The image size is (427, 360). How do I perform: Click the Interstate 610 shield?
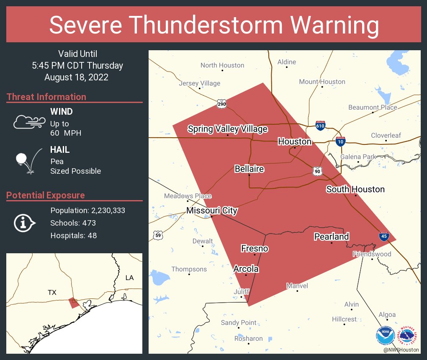click(x=320, y=125)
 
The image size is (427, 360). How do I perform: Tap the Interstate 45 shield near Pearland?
click(x=384, y=236)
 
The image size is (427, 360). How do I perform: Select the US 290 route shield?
click(x=222, y=104)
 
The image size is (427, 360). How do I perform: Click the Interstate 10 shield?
click(x=340, y=141)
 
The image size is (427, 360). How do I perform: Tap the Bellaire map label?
click(x=249, y=169)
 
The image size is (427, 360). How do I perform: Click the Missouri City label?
click(x=211, y=211)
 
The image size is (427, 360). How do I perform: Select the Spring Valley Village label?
click(x=227, y=129)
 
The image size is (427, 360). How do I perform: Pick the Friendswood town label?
click(x=372, y=254)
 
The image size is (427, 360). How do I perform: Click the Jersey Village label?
click(x=199, y=83)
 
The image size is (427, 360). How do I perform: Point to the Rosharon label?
click(x=248, y=338)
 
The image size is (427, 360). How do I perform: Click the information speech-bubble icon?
click(x=25, y=223)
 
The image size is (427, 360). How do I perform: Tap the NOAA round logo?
click(x=385, y=336)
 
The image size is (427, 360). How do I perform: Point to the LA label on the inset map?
click(x=129, y=278)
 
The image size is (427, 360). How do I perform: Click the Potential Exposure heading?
click(x=46, y=195)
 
